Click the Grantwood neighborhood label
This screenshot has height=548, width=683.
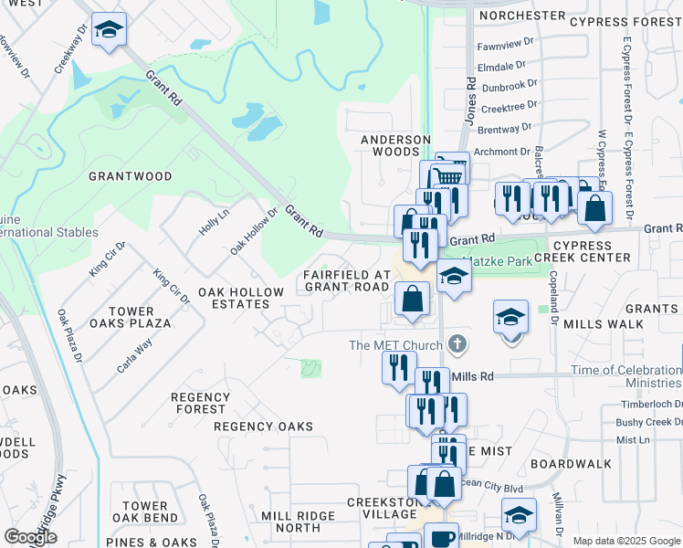pos(130,175)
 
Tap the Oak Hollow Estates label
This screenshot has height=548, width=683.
pos(241,298)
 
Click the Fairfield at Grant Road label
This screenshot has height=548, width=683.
pos(346,280)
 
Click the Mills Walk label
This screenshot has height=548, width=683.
pos(604,324)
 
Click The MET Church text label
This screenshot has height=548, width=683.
pos(396,345)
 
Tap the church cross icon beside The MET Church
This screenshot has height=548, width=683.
pos(458,345)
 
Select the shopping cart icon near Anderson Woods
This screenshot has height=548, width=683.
pos(451,170)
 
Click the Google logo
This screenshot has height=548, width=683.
pos(30,537)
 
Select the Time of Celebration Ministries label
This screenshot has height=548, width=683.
pos(626,376)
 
